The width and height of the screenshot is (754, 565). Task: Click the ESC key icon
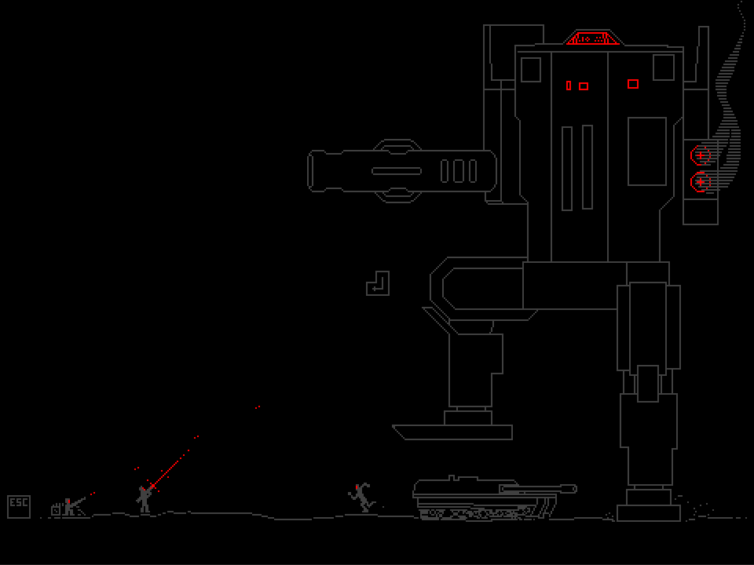pyautogui.click(x=19, y=506)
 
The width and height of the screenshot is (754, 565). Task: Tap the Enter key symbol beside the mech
pyautogui.click(x=378, y=283)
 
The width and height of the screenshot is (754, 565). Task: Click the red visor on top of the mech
pyautogui.click(x=593, y=38)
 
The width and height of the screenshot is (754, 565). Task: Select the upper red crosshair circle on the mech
pyautogui.click(x=700, y=155)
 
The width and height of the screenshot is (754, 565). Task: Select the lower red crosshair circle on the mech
pyautogui.click(x=700, y=182)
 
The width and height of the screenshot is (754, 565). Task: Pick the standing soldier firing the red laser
pyautogui.click(x=144, y=499)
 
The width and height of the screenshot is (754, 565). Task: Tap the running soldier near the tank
pyautogui.click(x=362, y=498)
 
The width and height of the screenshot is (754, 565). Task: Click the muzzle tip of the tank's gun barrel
pyautogui.click(x=573, y=489)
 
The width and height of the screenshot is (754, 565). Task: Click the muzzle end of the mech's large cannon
pyautogui.click(x=313, y=171)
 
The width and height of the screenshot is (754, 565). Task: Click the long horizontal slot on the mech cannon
pyautogui.click(x=397, y=171)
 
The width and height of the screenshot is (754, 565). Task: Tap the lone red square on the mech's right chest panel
pyautogui.click(x=633, y=84)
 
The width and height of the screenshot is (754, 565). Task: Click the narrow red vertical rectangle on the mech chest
pyautogui.click(x=569, y=86)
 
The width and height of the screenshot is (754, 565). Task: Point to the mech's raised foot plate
pyautogui.click(x=453, y=432)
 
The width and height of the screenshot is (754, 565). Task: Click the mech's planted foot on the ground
pyautogui.click(x=649, y=512)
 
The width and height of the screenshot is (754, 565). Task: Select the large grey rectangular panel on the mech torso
pyautogui.click(x=647, y=151)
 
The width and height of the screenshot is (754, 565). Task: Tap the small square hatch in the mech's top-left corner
pyautogui.click(x=531, y=70)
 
